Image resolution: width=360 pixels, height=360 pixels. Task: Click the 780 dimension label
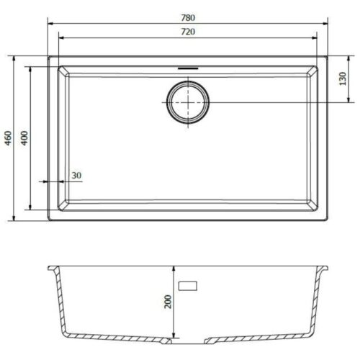(x=189, y=17)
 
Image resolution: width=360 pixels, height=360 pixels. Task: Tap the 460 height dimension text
(x=9, y=139)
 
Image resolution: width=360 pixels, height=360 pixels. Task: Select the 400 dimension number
(x=23, y=139)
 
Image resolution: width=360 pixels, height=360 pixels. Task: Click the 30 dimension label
(x=76, y=176)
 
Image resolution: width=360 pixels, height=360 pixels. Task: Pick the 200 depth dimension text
(x=168, y=302)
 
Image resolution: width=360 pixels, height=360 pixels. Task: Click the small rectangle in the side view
(x=190, y=285)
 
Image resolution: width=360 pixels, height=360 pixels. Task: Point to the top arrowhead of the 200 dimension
(x=174, y=269)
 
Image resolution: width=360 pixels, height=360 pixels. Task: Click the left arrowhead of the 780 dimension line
(x=51, y=23)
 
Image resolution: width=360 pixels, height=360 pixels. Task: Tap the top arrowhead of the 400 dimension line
(x=30, y=69)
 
